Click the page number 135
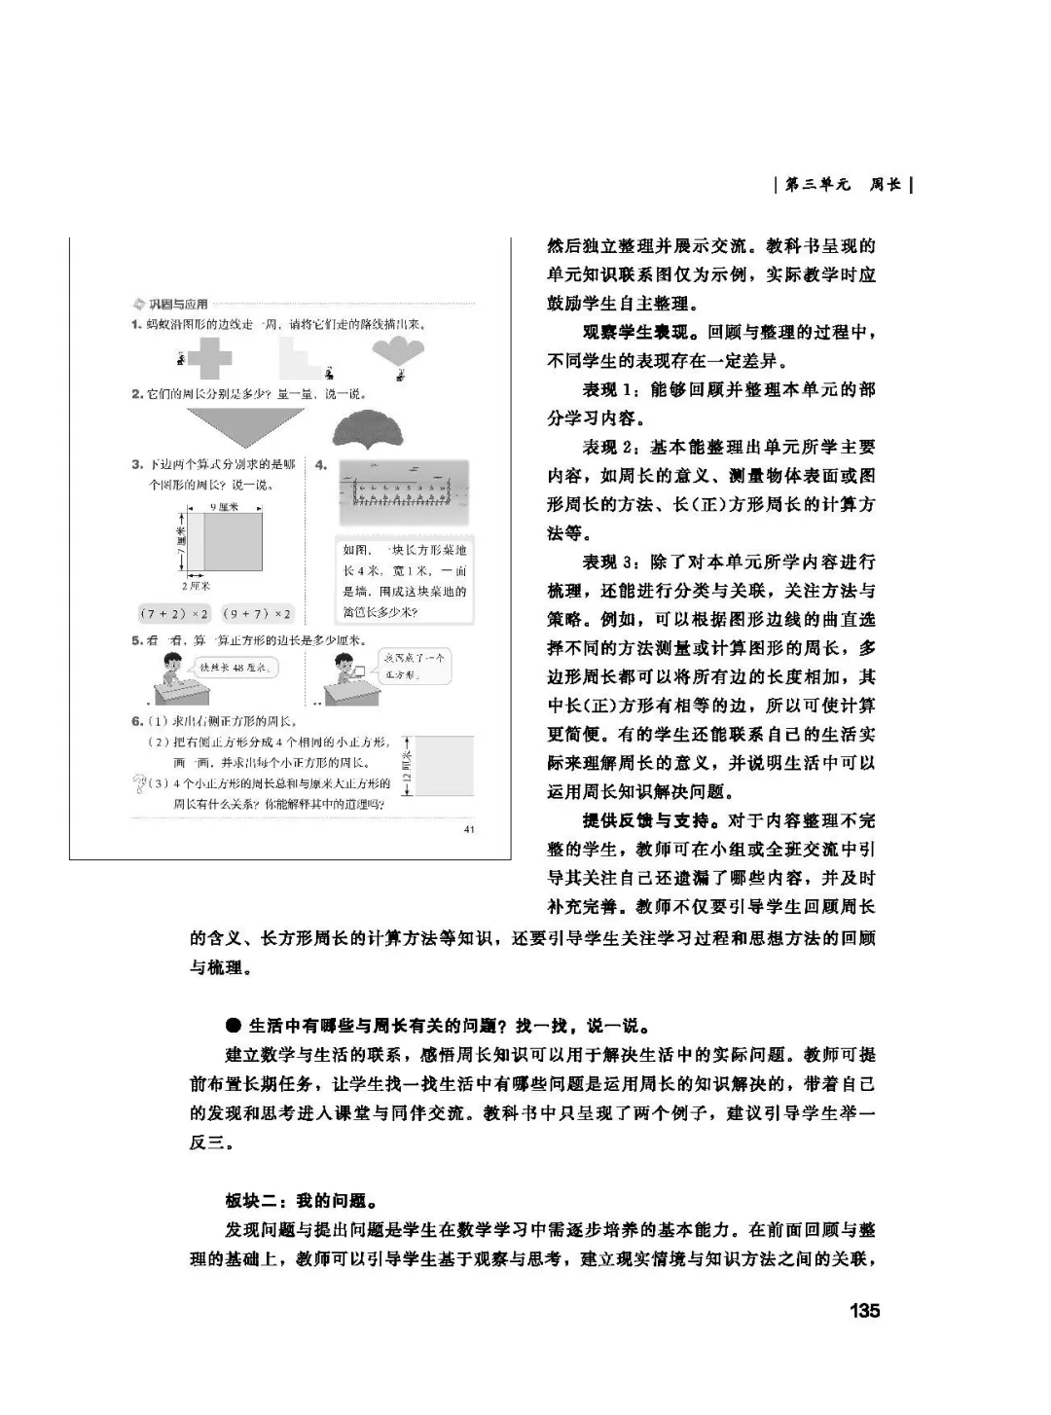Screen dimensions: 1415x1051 click(x=863, y=1310)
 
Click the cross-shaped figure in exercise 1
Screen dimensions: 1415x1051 click(x=208, y=360)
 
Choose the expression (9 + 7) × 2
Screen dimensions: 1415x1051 click(x=257, y=613)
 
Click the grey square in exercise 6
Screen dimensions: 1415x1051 click(x=445, y=766)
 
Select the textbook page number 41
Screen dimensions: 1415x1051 click(x=469, y=829)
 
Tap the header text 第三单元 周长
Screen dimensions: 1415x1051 click(x=844, y=184)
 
